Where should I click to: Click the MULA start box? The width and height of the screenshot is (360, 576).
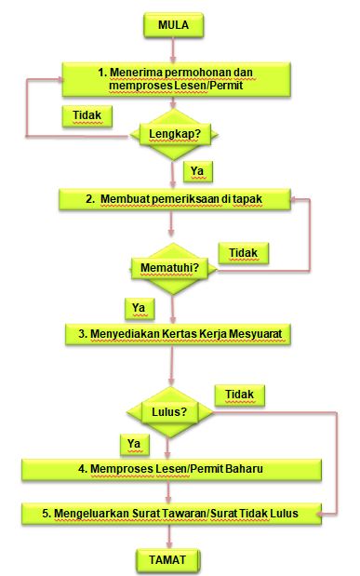tap(173, 25)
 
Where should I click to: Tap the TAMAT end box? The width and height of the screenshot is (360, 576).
tap(167, 560)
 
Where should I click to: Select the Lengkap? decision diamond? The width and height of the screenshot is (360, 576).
tap(174, 134)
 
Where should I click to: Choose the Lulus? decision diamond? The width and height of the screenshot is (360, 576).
tap(169, 412)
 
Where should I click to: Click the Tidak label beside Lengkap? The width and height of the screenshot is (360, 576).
tap(87, 115)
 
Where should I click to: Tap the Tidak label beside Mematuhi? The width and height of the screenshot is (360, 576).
tap(243, 253)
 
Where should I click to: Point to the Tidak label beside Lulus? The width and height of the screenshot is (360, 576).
tap(239, 395)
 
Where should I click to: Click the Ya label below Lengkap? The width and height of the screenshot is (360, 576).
tap(197, 171)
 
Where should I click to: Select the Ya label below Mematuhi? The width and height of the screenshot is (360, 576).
tap(139, 308)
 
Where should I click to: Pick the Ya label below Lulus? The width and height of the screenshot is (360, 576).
tap(135, 444)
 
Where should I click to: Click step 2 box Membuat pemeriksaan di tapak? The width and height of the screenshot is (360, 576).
tap(175, 199)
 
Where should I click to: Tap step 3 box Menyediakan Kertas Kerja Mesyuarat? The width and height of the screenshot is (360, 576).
tap(178, 334)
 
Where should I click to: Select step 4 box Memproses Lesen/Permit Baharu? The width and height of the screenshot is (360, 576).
tap(171, 470)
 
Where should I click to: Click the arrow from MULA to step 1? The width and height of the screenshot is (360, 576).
tap(173, 49)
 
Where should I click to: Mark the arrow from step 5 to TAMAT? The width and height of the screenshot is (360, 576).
tap(169, 536)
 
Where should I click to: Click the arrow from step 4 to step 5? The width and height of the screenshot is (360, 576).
tap(168, 492)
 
